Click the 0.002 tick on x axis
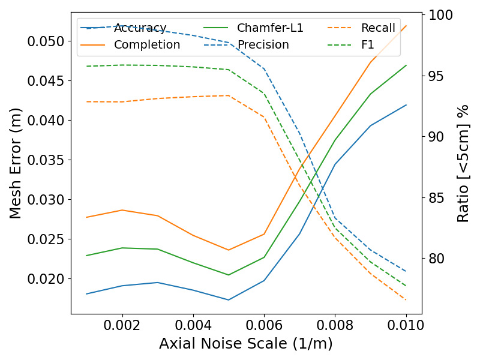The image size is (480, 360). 122,325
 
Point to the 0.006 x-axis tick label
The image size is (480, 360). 264,325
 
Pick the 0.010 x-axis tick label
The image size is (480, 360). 406,325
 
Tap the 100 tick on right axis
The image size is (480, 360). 437,15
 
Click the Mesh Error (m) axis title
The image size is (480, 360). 16,163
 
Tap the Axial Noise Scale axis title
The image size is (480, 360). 245,344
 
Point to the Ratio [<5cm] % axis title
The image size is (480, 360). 463,163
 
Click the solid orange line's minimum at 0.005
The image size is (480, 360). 229,250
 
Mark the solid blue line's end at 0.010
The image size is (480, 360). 406,105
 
